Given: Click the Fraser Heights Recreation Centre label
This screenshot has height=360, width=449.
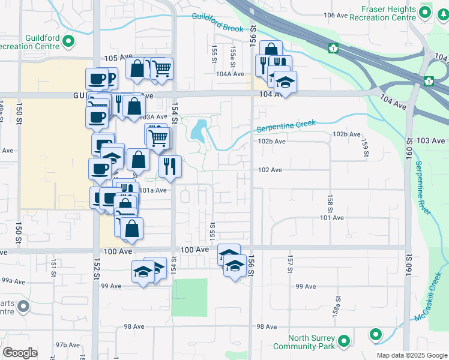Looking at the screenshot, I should [x=388, y=13].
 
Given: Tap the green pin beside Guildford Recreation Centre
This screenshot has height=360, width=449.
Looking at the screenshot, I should [x=68, y=41].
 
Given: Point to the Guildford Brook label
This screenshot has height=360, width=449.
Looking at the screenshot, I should [x=217, y=23].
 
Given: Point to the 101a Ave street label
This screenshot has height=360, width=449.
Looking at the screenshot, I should [x=152, y=190].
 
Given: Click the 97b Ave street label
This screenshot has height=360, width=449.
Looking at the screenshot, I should [x=68, y=345].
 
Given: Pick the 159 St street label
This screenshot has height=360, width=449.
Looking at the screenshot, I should [x=364, y=148].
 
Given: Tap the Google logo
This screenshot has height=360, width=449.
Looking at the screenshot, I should [x=20, y=353].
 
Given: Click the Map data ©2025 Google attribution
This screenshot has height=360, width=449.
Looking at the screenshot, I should [x=411, y=355].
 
